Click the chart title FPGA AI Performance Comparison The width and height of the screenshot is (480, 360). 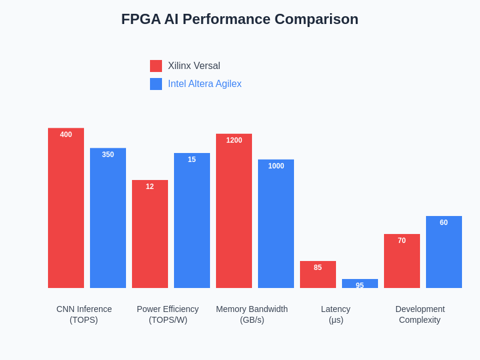tap(239, 19)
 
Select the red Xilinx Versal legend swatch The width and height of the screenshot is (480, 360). tap(156, 66)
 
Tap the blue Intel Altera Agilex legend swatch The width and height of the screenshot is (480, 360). tap(156, 84)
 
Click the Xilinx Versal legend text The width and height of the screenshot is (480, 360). tap(194, 66)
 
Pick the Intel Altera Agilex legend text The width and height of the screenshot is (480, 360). tap(205, 84)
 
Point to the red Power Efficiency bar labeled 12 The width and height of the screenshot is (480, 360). tap(150, 234)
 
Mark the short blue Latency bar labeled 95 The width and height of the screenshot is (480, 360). tap(360, 284)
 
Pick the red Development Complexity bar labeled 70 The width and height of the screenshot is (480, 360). tap(402, 261)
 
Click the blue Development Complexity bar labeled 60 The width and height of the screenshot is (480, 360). tap(444, 252)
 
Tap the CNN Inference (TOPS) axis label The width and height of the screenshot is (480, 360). tap(84, 314)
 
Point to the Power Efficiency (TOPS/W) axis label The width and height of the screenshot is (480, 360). tap(168, 314)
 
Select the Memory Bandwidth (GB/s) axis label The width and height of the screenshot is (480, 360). tap(252, 314)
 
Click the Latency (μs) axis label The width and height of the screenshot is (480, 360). tap(336, 314)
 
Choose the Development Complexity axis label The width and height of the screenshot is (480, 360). tap(420, 314)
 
